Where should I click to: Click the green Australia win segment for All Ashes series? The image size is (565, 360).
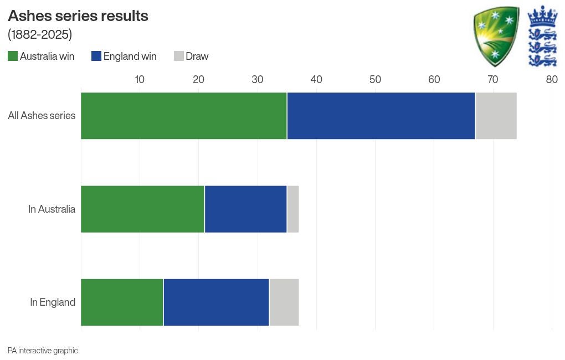(184, 116)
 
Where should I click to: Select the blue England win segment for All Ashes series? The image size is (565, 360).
(381, 116)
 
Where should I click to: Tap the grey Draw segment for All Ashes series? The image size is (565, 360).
(496, 116)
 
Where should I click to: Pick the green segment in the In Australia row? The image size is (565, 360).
(142, 209)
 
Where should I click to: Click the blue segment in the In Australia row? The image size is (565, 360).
(245, 209)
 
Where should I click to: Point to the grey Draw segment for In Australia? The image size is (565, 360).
(293, 209)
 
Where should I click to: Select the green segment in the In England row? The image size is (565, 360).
(122, 302)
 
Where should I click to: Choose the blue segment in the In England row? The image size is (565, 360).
(216, 302)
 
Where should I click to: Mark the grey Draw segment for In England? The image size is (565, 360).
(284, 302)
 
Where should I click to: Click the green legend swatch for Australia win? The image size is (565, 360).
(13, 56)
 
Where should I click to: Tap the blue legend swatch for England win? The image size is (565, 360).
(96, 56)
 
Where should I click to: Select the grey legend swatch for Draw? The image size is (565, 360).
(178, 56)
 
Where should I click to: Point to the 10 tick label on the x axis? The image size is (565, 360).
(140, 80)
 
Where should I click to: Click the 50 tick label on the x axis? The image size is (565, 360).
(375, 80)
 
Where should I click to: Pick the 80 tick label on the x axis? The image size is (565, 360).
(551, 80)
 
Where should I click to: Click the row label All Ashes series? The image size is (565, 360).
(42, 116)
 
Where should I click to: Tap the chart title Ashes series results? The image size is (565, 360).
(78, 16)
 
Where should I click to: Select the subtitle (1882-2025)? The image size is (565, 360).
(40, 34)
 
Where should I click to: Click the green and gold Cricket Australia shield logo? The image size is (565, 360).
(496, 35)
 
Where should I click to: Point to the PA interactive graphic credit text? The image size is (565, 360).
(43, 351)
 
